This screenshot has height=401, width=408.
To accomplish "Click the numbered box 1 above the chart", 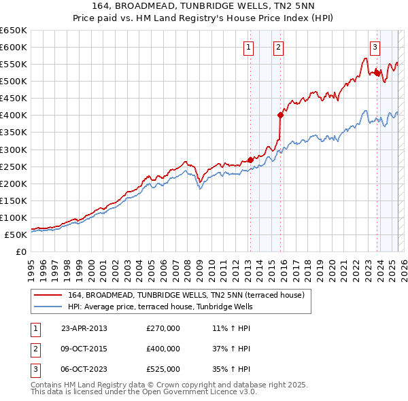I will [x=248, y=48].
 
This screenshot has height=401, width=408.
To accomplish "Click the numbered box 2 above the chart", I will [x=279, y=48].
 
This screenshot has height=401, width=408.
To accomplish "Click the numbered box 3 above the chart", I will [x=375, y=48].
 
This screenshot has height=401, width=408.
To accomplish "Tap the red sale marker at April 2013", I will [x=250, y=160].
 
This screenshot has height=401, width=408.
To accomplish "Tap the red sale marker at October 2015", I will [x=280, y=115].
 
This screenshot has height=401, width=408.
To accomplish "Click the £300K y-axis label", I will [x=14, y=150].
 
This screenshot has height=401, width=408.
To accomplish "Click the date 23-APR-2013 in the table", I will [x=84, y=328].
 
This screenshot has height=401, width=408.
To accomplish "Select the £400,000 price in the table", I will [x=163, y=349].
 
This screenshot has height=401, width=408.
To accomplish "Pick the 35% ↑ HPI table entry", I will [x=231, y=369].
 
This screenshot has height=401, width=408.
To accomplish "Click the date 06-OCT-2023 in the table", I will [x=84, y=369].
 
